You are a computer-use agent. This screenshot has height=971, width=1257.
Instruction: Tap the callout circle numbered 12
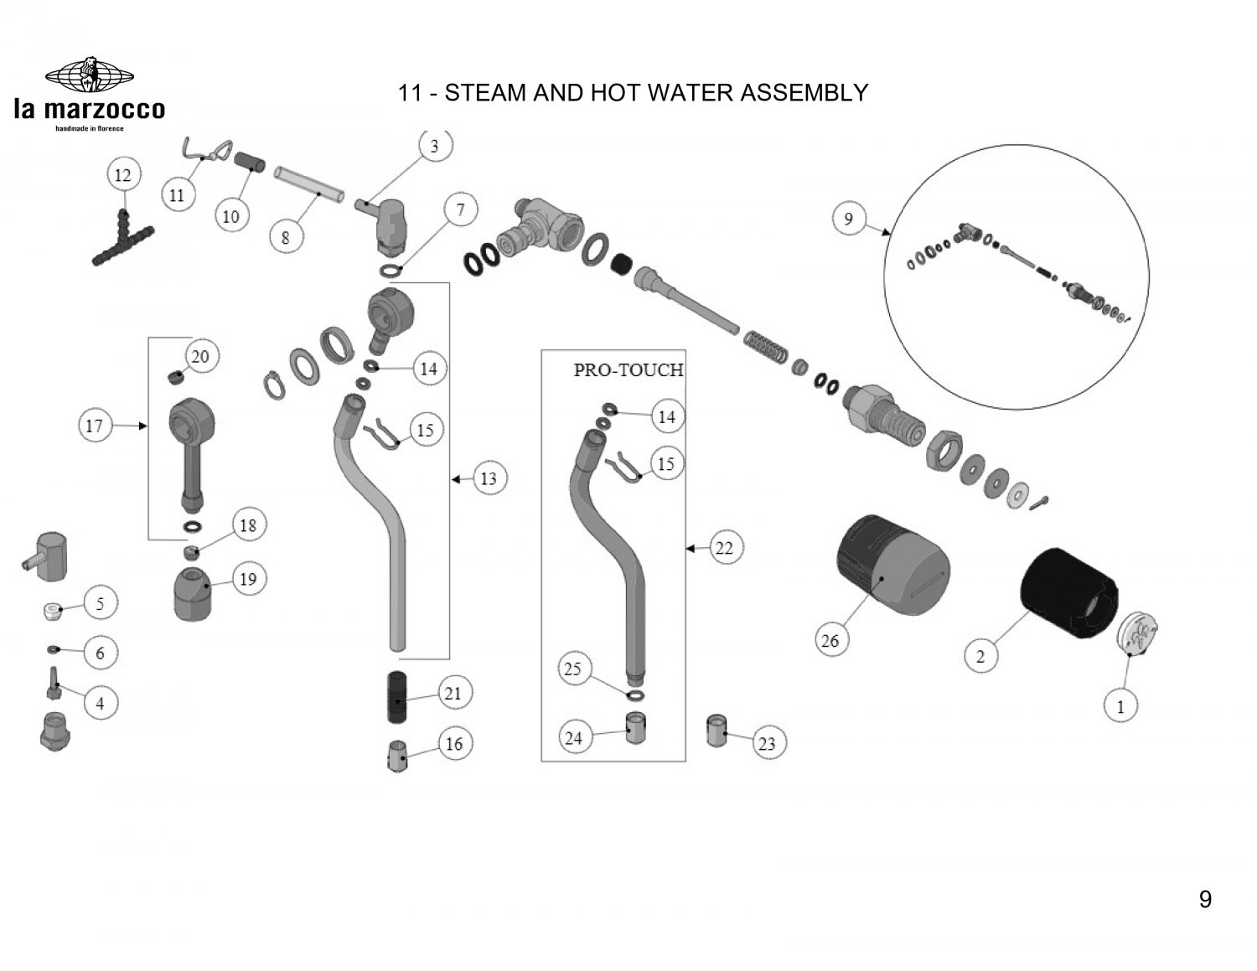click(122, 175)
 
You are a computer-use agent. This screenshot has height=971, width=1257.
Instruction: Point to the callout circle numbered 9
click(848, 219)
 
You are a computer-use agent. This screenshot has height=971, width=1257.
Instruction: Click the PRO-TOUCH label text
click(628, 369)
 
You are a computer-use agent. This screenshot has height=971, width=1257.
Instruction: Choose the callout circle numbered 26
click(830, 641)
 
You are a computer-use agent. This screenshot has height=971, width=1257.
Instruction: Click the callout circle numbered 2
click(981, 655)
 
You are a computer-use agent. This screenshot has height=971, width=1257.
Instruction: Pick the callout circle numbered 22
click(724, 548)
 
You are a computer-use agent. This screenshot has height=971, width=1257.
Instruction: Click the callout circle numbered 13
click(488, 479)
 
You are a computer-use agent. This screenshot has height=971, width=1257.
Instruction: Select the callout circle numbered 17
click(94, 426)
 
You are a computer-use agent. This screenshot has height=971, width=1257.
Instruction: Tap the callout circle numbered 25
click(573, 669)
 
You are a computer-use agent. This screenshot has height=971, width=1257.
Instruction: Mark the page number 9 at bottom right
click(1205, 900)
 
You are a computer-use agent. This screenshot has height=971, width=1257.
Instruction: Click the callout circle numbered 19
click(248, 579)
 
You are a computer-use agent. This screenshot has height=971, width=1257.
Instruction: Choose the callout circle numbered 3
click(434, 147)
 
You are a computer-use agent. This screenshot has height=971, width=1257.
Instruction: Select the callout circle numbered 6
click(101, 652)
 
